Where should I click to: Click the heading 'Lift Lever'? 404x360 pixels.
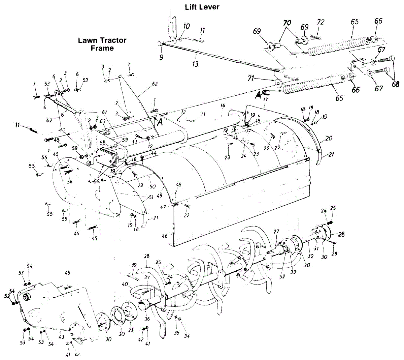tap(202, 7)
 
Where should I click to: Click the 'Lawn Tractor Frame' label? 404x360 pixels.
tap(102, 44)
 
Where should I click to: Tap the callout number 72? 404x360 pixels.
tap(321, 22)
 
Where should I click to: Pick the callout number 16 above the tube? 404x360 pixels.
tap(223, 106)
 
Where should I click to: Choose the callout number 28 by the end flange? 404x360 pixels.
tap(341, 234)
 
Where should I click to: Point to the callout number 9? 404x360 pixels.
tap(161, 58)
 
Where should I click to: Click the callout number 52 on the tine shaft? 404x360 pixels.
tap(282, 276)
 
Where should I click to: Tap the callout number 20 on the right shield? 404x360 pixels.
tap(329, 139)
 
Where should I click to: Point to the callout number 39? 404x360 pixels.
tap(134, 265)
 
